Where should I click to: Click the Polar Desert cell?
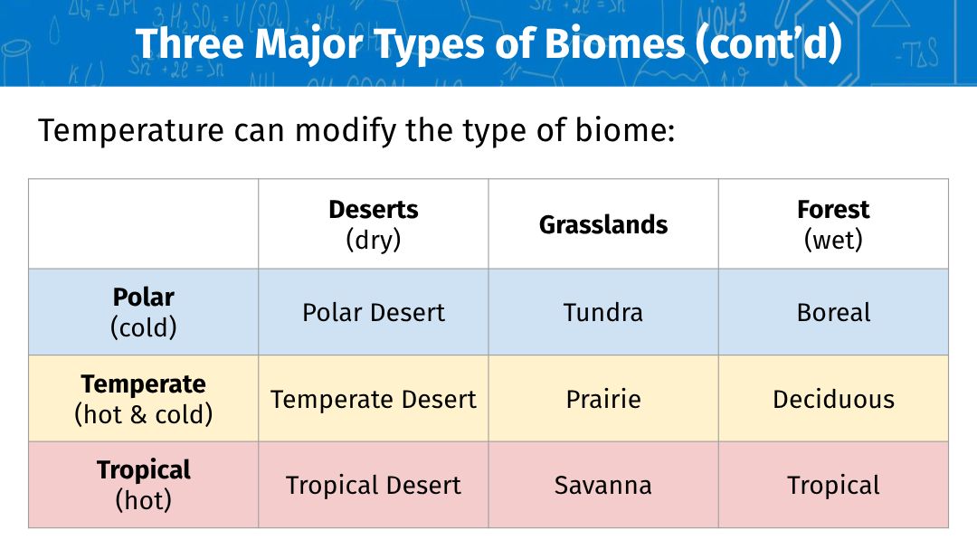[374, 312]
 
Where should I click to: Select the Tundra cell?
[603, 312]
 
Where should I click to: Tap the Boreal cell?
[834, 312]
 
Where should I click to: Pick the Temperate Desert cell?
[374, 399]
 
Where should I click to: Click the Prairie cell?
[603, 399]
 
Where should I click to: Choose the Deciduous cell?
[834, 399]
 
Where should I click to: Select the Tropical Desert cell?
[374, 485]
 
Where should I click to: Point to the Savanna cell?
[603, 485]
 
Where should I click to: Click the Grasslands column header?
[603, 224]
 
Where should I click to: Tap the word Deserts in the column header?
[374, 210]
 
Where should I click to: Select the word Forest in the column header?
[833, 210]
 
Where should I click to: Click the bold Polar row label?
[143, 297]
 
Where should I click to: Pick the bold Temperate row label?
[143, 383]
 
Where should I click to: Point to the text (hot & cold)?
[143, 414]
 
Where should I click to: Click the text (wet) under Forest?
[833, 240]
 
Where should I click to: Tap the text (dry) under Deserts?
[374, 240]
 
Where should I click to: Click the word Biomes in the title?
[614, 43]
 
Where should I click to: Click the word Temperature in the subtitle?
[131, 131]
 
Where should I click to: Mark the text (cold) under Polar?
[143, 327]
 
